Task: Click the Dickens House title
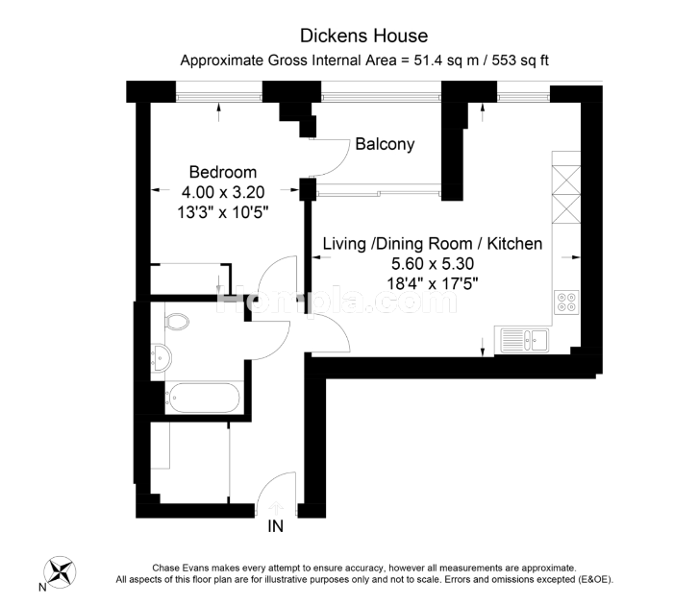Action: pos(364,36)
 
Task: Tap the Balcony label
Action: pos(385,144)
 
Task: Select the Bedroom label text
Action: pos(223,172)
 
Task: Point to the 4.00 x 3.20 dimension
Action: pos(223,192)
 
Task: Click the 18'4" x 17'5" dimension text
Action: pos(433,283)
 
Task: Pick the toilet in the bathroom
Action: pos(177,321)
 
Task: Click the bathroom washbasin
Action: pos(162,357)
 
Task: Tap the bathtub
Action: pos(202,398)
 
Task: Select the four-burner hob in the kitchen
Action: pos(566,302)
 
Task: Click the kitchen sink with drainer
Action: pos(524,341)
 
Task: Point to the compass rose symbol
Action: pos(61,572)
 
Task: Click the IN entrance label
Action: pos(276,526)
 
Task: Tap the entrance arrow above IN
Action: pos(276,508)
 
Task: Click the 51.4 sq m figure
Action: pos(446,60)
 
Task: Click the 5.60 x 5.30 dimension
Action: pos(433,263)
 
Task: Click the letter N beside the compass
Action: pos(42,588)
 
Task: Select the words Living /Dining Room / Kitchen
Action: pos(433,244)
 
